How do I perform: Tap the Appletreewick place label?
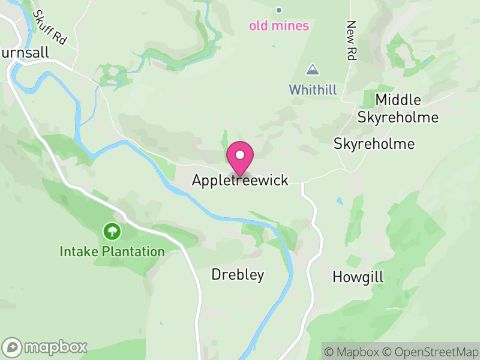240,181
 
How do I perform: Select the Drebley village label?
238,275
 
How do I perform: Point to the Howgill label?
358,277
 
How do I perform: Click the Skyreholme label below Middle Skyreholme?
374,144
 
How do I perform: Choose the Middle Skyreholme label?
398,108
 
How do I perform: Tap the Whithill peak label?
313,90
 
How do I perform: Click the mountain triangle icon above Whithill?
312,70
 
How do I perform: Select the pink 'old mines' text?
279,26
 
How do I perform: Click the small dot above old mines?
278,10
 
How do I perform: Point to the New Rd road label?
351,41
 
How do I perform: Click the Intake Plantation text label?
112,251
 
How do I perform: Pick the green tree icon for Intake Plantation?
111,231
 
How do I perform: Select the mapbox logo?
45,347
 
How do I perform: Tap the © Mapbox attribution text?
352,351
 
